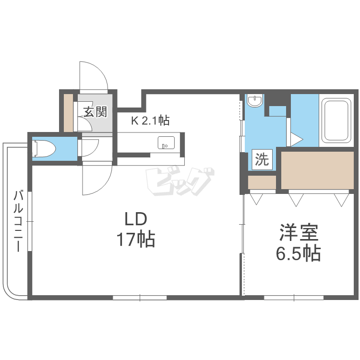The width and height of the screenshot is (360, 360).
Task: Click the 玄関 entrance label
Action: click(96, 112)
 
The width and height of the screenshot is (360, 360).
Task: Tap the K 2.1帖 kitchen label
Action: click(150, 120)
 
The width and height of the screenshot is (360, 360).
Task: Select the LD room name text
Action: click(135, 219)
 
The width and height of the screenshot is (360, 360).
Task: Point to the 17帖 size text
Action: click(136, 240)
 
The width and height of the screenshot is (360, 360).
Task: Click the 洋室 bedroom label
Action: click(299, 232)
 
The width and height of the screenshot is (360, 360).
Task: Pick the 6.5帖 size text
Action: click(298, 253)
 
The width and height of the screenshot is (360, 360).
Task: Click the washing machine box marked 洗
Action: click(262, 159)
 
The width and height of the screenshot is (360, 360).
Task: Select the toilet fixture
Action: click(45, 149)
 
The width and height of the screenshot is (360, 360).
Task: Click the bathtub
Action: click(336, 120)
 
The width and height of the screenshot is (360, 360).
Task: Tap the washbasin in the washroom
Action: click(254, 101)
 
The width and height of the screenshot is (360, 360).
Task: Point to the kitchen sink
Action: click(166, 143)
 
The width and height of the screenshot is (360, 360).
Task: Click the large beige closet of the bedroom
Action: click(318, 170)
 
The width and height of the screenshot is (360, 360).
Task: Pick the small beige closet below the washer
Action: click(262, 182)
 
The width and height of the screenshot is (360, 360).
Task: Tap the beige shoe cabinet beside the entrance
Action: click(68, 113)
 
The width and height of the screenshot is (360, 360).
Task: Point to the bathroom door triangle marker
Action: click(297, 139)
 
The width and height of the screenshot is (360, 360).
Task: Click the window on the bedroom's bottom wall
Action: click(294, 298)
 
